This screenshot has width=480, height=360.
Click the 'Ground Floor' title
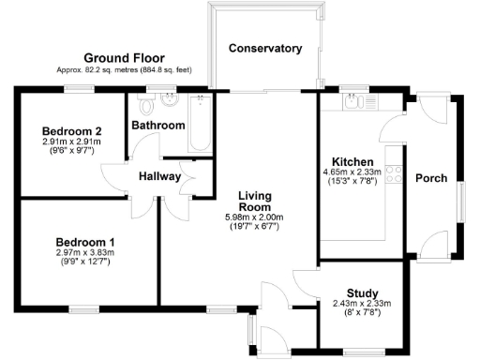pyautogui.click(x=124, y=57)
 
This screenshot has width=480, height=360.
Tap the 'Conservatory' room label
pyautogui.click(x=265, y=48)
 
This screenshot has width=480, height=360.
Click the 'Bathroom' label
pyautogui.click(x=157, y=125)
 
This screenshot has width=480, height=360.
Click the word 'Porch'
pyautogui.click(x=430, y=178)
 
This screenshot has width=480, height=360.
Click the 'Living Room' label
pyautogui.click(x=254, y=199)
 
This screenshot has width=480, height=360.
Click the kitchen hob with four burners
pyautogui.click(x=396, y=175)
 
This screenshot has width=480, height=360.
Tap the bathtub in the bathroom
pyautogui.click(x=199, y=125)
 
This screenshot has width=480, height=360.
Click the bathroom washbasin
pyautogui.click(x=171, y=98)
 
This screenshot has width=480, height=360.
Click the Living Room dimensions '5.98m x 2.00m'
pyautogui.click(x=254, y=217)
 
